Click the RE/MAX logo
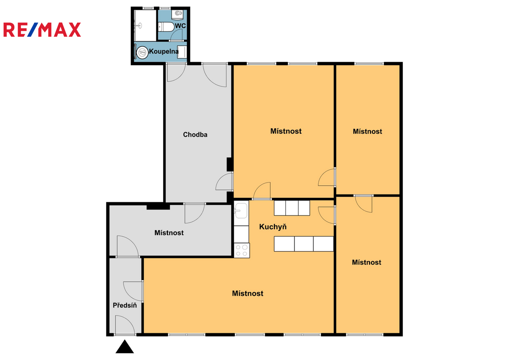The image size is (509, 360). (x=42, y=30)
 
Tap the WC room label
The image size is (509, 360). (x=180, y=26)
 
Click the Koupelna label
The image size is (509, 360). (x=164, y=52)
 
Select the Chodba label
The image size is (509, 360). (x=195, y=135)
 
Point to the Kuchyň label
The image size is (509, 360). (x=273, y=227)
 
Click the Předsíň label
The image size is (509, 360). (x=125, y=305)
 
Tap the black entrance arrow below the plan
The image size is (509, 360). (x=125, y=347)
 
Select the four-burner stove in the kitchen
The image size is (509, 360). (x=242, y=250)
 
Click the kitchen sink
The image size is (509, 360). (x=241, y=211)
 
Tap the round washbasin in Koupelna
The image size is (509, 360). (x=142, y=53)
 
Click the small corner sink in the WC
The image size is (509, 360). (x=179, y=14)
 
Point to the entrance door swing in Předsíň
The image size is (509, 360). (x=125, y=325)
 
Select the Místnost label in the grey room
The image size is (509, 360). (x=169, y=233)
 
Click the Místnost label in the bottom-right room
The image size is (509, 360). (x=367, y=263)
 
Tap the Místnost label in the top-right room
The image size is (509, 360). (x=367, y=131)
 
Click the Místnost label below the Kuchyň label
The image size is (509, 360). (x=248, y=293)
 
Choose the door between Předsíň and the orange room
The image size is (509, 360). (x=133, y=292)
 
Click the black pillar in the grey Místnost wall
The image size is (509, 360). (x=158, y=207)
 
